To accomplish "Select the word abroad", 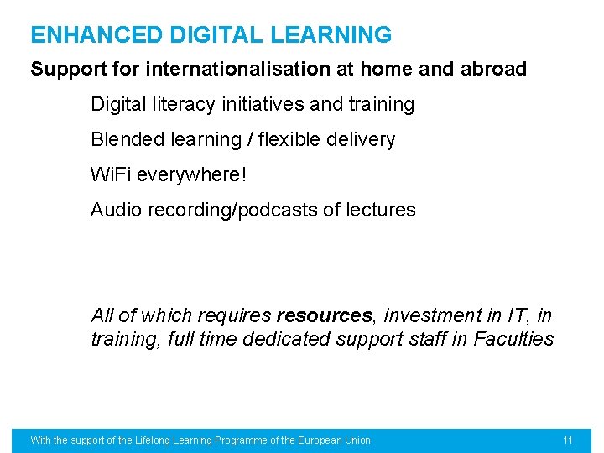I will click(493, 69).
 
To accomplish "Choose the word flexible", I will click(285, 139).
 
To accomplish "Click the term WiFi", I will click(111, 174).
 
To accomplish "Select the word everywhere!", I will click(192, 174).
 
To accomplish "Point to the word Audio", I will click(117, 210).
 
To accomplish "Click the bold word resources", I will click(324, 316).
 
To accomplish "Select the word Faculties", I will click(513, 340).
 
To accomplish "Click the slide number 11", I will click(568, 440).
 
